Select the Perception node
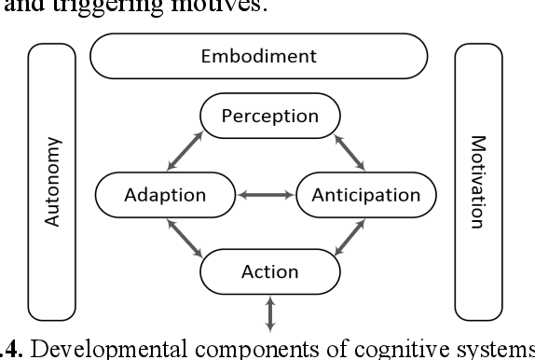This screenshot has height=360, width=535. [270, 117]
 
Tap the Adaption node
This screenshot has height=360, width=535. [163, 195]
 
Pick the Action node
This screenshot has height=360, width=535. [269, 272]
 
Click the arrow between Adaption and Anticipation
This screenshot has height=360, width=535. [263, 196]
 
